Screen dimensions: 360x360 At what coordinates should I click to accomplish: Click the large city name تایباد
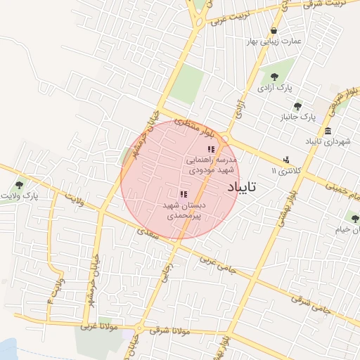pyautogui.click(x=243, y=187)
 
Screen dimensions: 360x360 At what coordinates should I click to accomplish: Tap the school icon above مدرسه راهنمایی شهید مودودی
pyautogui.click(x=211, y=149)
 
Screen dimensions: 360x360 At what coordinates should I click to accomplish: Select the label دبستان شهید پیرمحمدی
pyautogui.click(x=184, y=211)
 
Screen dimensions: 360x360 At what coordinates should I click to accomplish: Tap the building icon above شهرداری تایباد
pyautogui.click(x=328, y=131)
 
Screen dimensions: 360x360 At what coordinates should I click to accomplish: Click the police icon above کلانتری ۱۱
pyautogui.click(x=286, y=160)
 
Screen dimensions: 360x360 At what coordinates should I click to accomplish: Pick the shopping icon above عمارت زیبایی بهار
pyautogui.click(x=274, y=30)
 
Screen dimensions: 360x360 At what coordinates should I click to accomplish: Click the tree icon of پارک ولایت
pyautogui.click(x=18, y=185)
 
